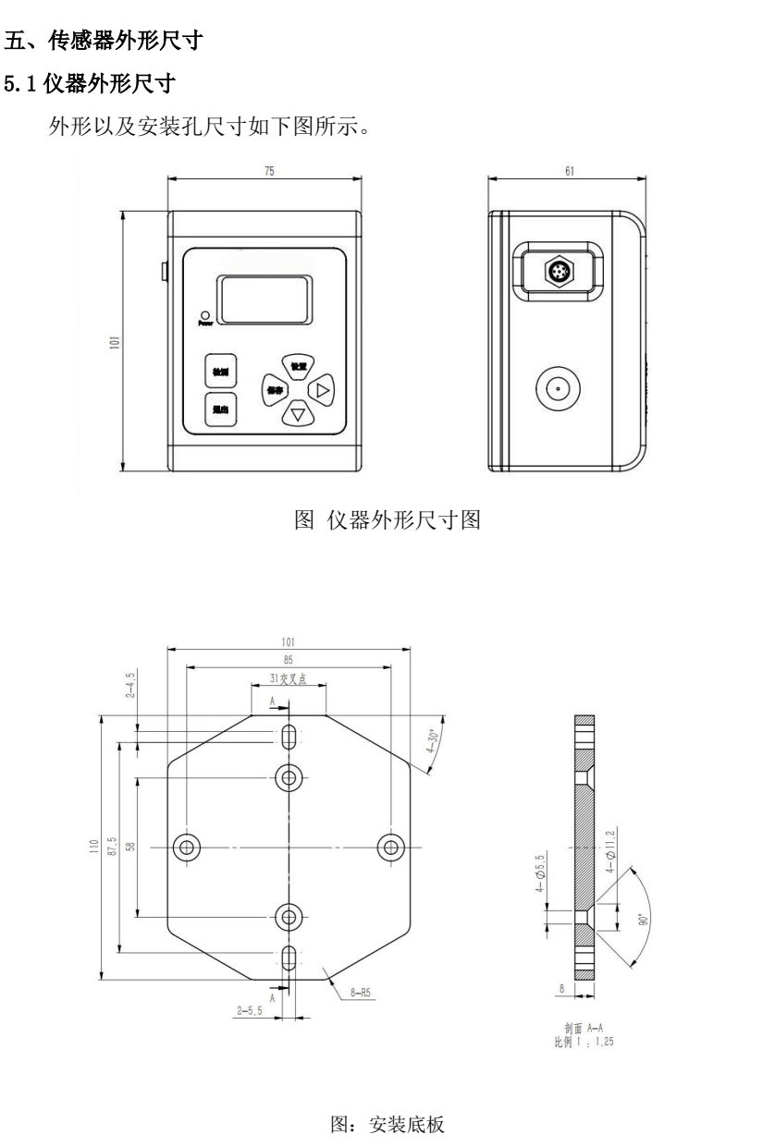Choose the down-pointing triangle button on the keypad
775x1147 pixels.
(297, 413)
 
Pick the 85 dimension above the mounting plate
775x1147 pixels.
(289, 661)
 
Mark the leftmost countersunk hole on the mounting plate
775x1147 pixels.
(188, 846)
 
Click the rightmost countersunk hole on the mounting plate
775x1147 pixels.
(390, 846)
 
